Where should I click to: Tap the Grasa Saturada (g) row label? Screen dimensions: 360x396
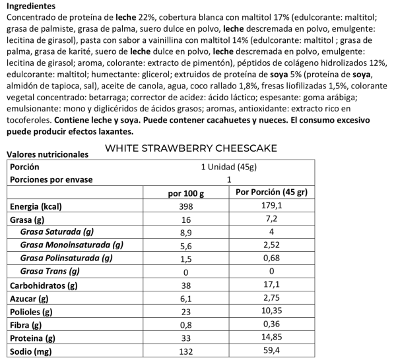57,232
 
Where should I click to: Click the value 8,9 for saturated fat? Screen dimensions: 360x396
186,232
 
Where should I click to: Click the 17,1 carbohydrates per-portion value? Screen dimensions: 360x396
272,285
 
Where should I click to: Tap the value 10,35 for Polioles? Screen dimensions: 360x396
272,312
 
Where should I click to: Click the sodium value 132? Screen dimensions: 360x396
186,351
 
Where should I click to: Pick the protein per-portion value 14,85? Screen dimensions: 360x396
272,338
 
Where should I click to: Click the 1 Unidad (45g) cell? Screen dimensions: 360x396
229,167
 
